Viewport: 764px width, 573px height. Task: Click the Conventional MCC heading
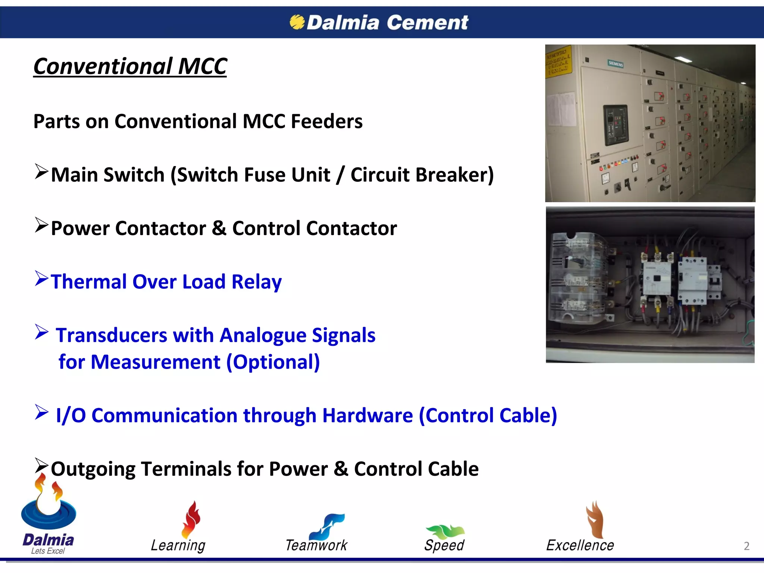130,66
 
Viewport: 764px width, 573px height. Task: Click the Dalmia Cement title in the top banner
387,22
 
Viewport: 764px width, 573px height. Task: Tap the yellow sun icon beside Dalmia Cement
297,22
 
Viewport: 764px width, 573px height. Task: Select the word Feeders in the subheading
326,122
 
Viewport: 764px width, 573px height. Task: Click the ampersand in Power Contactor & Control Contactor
219,228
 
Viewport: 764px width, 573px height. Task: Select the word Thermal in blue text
89,282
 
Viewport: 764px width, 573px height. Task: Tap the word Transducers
111,335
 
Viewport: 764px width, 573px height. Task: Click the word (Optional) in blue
273,362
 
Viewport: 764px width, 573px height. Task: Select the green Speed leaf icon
445,531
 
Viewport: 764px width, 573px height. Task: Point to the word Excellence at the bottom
580,545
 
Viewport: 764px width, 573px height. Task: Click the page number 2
746,546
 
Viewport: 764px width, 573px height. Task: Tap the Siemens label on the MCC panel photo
616,64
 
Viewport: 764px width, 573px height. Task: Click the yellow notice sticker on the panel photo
558,62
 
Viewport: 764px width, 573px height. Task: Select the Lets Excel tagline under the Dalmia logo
48,551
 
